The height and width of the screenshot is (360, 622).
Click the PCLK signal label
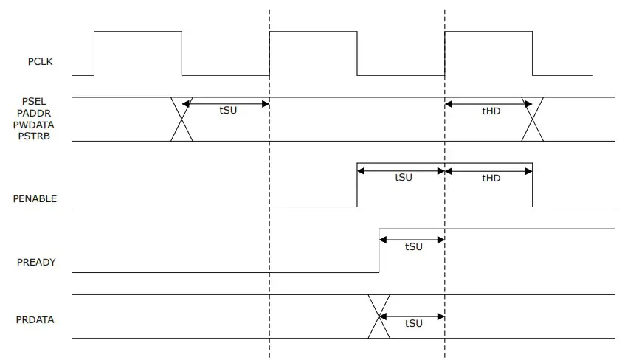click(x=41, y=61)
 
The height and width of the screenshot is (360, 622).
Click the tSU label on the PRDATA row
click(x=414, y=324)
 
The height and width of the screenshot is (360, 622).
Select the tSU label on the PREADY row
click(x=414, y=246)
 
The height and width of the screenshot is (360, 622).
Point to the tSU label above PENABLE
click(x=403, y=178)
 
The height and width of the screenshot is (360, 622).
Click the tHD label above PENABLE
click(x=491, y=178)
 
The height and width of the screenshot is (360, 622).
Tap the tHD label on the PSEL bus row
click(x=491, y=111)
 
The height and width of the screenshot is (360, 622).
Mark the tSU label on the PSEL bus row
click(x=229, y=111)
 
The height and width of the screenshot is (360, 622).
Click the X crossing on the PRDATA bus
click(x=379, y=316)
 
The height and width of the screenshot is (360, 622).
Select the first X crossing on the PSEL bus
click(x=182, y=119)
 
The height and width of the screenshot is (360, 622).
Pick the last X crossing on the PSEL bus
click(x=532, y=119)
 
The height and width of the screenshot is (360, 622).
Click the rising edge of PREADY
click(x=379, y=251)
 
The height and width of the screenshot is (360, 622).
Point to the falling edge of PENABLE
click(x=532, y=185)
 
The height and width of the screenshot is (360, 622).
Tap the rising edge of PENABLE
click(x=357, y=185)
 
